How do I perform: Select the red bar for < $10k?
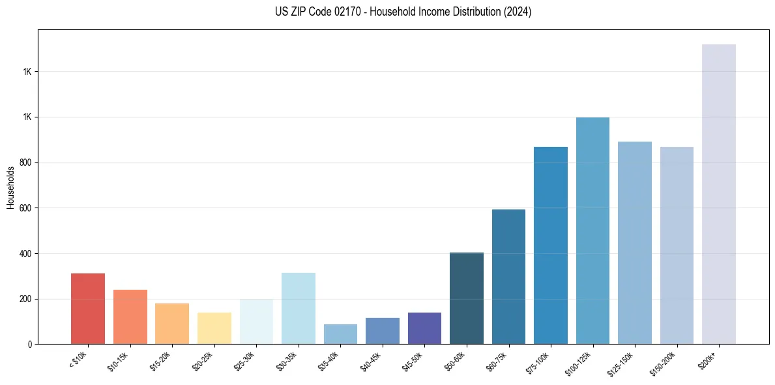88,309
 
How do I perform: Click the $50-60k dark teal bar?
467,298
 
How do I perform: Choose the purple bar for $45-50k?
424,328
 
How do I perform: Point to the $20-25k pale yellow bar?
214,328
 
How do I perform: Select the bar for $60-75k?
508,277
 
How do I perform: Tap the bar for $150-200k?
677,245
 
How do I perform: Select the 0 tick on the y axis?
29,344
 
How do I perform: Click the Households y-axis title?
10,187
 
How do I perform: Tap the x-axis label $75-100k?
538,361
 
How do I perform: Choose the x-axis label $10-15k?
119,360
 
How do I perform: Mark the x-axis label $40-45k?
371,360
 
